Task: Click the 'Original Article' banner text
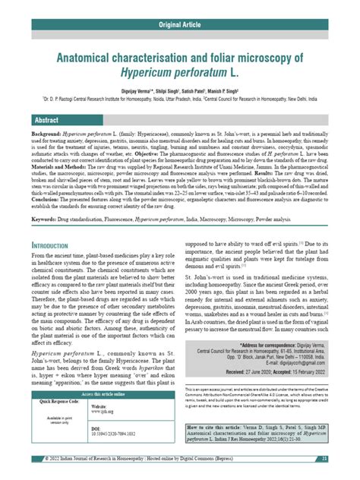[x=179, y=25]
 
